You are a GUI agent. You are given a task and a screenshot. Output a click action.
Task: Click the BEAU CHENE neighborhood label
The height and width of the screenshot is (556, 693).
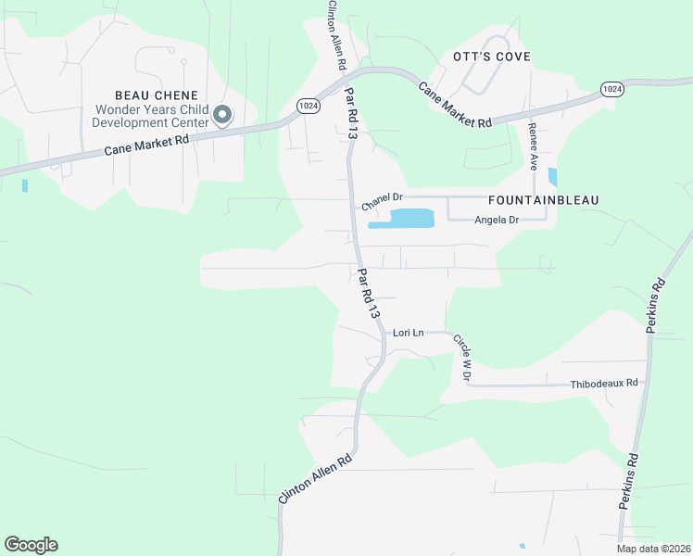click(x=157, y=95)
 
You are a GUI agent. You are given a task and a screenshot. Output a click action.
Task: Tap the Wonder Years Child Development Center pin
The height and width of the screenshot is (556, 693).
click(x=222, y=116)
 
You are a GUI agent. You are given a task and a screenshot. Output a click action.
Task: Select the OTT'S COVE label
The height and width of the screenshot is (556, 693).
click(x=492, y=57)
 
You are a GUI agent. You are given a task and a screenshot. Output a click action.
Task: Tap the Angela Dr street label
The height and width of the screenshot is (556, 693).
click(x=497, y=220)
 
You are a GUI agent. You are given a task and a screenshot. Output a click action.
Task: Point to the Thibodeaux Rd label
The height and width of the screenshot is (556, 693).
click(x=604, y=383)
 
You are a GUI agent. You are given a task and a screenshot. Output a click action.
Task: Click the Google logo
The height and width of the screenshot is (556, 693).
click(x=31, y=545)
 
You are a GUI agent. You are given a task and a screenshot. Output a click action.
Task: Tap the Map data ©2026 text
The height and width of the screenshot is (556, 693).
click(x=653, y=549)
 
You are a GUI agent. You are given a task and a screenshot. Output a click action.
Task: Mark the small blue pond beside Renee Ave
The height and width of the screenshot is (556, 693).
click(x=553, y=176)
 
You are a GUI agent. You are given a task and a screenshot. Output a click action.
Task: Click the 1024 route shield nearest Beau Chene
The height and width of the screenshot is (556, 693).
click(x=309, y=107)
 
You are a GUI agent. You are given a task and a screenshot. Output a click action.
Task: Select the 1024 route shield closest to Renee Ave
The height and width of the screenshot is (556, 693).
click(x=611, y=88)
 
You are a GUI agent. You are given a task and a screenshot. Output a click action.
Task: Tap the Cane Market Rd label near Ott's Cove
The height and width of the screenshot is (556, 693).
click(x=454, y=106)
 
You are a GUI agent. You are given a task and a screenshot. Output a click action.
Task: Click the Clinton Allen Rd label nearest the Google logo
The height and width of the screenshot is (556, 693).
click(x=316, y=478)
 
